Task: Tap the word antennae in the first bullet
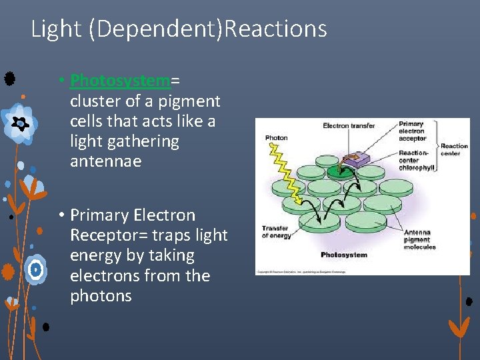point(105,161)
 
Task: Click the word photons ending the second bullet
point(101,296)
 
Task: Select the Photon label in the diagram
point(276,138)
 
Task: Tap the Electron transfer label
point(349,126)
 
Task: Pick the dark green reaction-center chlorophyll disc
point(341,172)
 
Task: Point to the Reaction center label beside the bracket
point(454,149)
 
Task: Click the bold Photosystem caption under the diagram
point(343,255)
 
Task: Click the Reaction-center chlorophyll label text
point(417,160)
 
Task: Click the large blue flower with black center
point(20,123)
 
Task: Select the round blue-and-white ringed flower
point(37,269)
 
